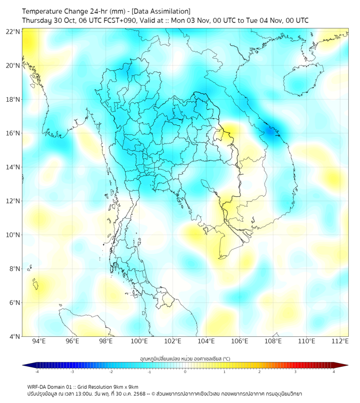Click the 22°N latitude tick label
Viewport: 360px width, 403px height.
pos(13,32)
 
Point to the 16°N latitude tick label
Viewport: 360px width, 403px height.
pos(13,133)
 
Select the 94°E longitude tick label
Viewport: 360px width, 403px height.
pos(39,341)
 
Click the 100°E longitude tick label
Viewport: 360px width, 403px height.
pos(139,341)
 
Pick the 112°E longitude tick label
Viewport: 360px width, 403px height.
pos(340,341)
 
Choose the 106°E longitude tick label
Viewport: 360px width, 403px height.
pos(240,341)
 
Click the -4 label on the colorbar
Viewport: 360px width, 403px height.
pos(37,372)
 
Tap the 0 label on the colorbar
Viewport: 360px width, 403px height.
pos(185,372)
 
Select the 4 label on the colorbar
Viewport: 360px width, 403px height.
pos(334,372)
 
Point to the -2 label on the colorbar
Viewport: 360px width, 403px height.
pos(111,372)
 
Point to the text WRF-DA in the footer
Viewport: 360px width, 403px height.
pos(38,386)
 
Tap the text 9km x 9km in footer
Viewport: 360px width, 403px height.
pos(123,386)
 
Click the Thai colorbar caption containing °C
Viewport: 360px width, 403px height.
pos(185,358)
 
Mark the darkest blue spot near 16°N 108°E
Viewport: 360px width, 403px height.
pos(272,131)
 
